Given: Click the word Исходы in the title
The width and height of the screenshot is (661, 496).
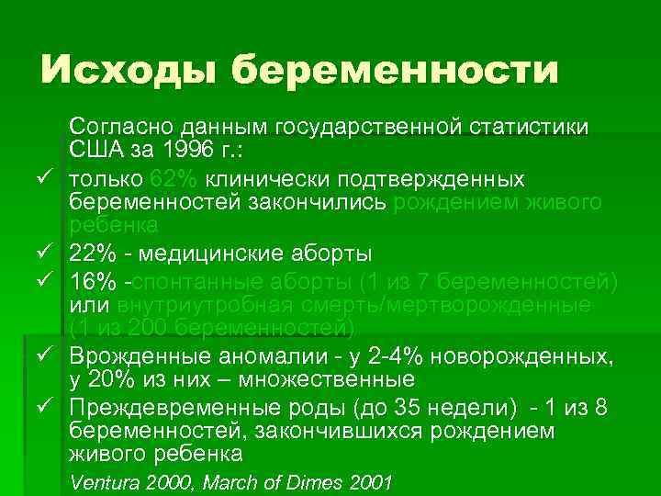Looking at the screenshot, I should [x=128, y=69].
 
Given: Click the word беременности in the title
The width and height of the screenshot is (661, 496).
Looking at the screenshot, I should [x=395, y=70].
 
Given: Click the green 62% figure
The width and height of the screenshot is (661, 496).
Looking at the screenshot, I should [x=174, y=176].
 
